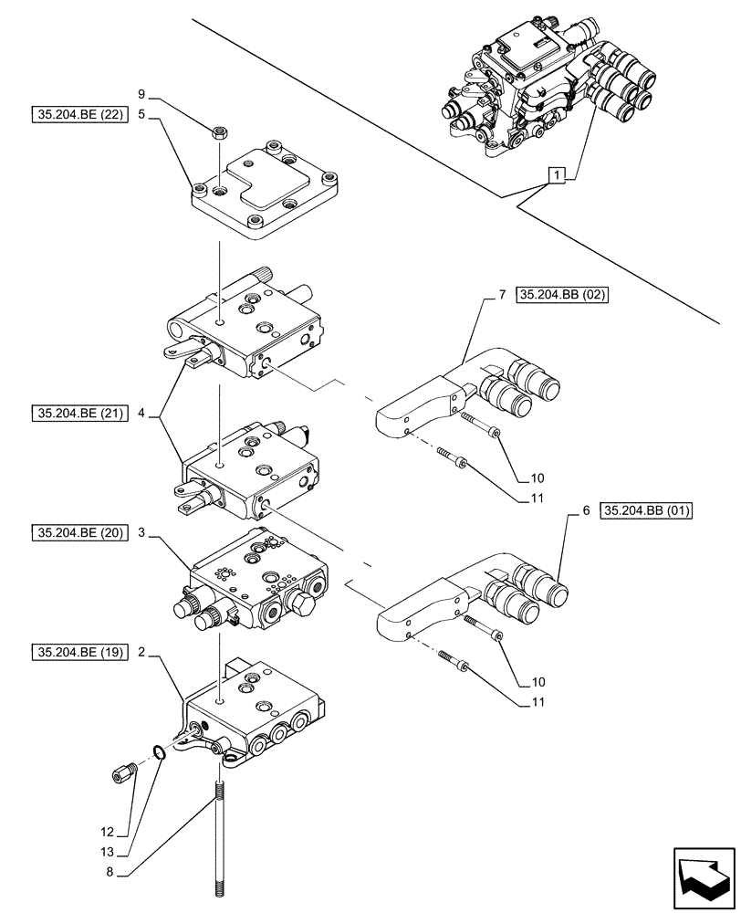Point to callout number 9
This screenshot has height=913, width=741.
(141, 93)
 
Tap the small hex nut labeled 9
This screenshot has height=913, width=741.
(219, 132)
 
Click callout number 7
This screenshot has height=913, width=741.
(502, 295)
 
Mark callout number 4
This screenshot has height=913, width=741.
(141, 414)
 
